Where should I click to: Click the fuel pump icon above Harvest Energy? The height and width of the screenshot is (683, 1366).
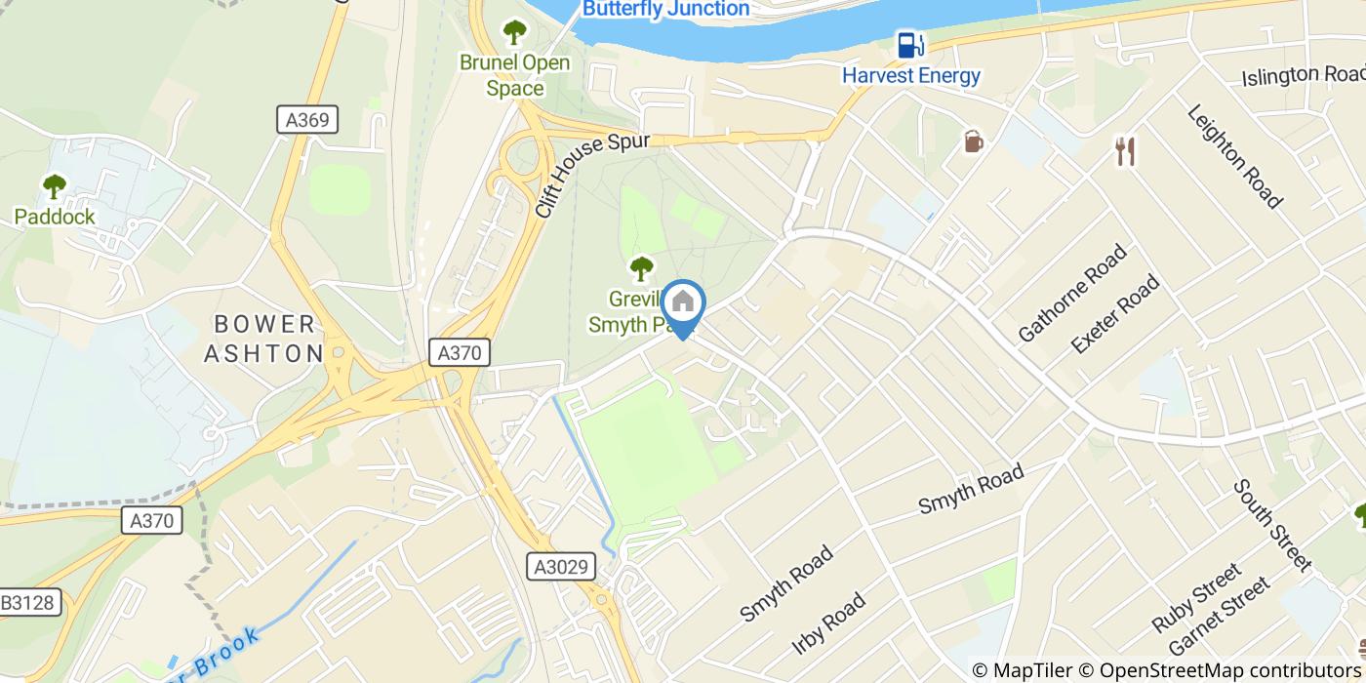[910, 44]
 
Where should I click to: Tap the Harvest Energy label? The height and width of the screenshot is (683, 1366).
[911, 75]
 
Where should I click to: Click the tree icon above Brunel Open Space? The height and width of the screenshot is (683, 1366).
[514, 32]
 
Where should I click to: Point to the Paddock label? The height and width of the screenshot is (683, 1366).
[55, 217]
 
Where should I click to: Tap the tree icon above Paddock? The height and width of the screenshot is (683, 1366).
[55, 185]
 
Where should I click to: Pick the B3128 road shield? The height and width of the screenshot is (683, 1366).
[30, 603]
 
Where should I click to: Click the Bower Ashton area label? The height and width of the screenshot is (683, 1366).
[263, 339]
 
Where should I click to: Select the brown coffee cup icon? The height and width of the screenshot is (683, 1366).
[973, 141]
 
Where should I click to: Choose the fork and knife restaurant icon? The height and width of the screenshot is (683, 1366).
[1125, 151]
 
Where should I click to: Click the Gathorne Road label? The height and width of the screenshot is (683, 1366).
[1071, 293]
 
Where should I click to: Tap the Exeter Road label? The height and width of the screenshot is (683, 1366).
[1115, 314]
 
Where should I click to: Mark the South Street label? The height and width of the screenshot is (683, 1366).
[1271, 524]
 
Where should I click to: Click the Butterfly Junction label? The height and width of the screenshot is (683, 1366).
[665, 9]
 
